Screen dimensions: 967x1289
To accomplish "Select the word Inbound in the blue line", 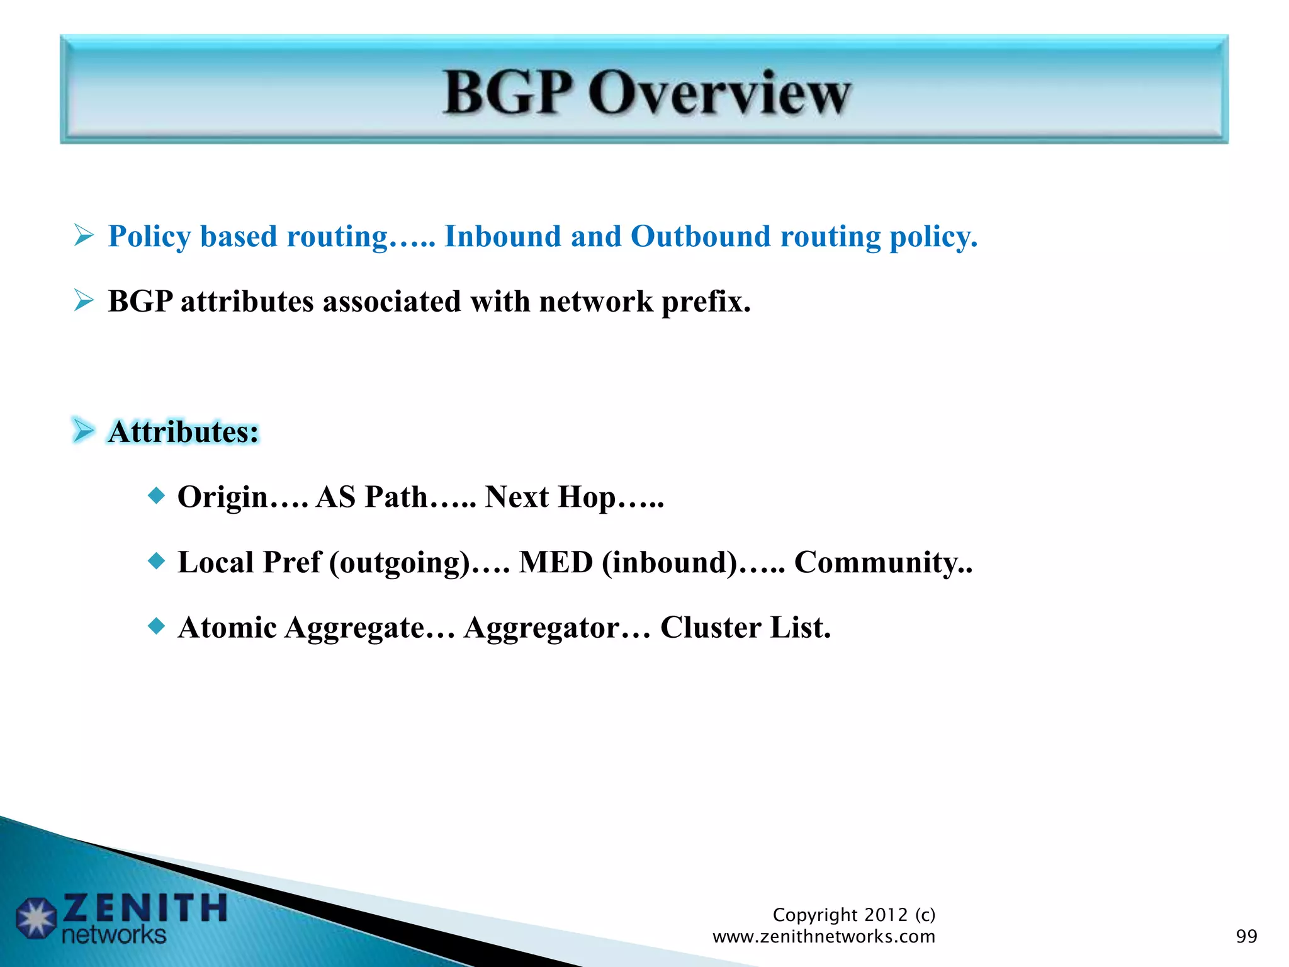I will [502, 237].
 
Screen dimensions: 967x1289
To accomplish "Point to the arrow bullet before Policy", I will [84, 236].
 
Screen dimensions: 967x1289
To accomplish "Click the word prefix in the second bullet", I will [705, 302].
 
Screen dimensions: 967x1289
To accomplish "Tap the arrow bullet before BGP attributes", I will [84, 301].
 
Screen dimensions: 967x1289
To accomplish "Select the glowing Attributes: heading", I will [183, 433].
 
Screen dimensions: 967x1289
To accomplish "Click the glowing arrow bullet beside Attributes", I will [84, 431].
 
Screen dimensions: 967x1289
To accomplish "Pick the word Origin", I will [223, 497].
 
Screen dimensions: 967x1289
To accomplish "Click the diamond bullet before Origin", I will [156, 495].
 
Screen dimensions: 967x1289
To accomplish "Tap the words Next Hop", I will [550, 497].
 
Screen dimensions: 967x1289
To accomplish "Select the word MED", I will [555, 562].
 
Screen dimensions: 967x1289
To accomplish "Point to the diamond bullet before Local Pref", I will [156, 560].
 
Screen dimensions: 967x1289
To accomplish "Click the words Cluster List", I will [745, 628].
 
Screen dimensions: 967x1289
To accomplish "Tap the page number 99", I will [1246, 936].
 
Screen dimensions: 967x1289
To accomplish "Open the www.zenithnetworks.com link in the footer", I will [823, 937].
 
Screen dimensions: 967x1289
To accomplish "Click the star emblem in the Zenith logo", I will [37, 918].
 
